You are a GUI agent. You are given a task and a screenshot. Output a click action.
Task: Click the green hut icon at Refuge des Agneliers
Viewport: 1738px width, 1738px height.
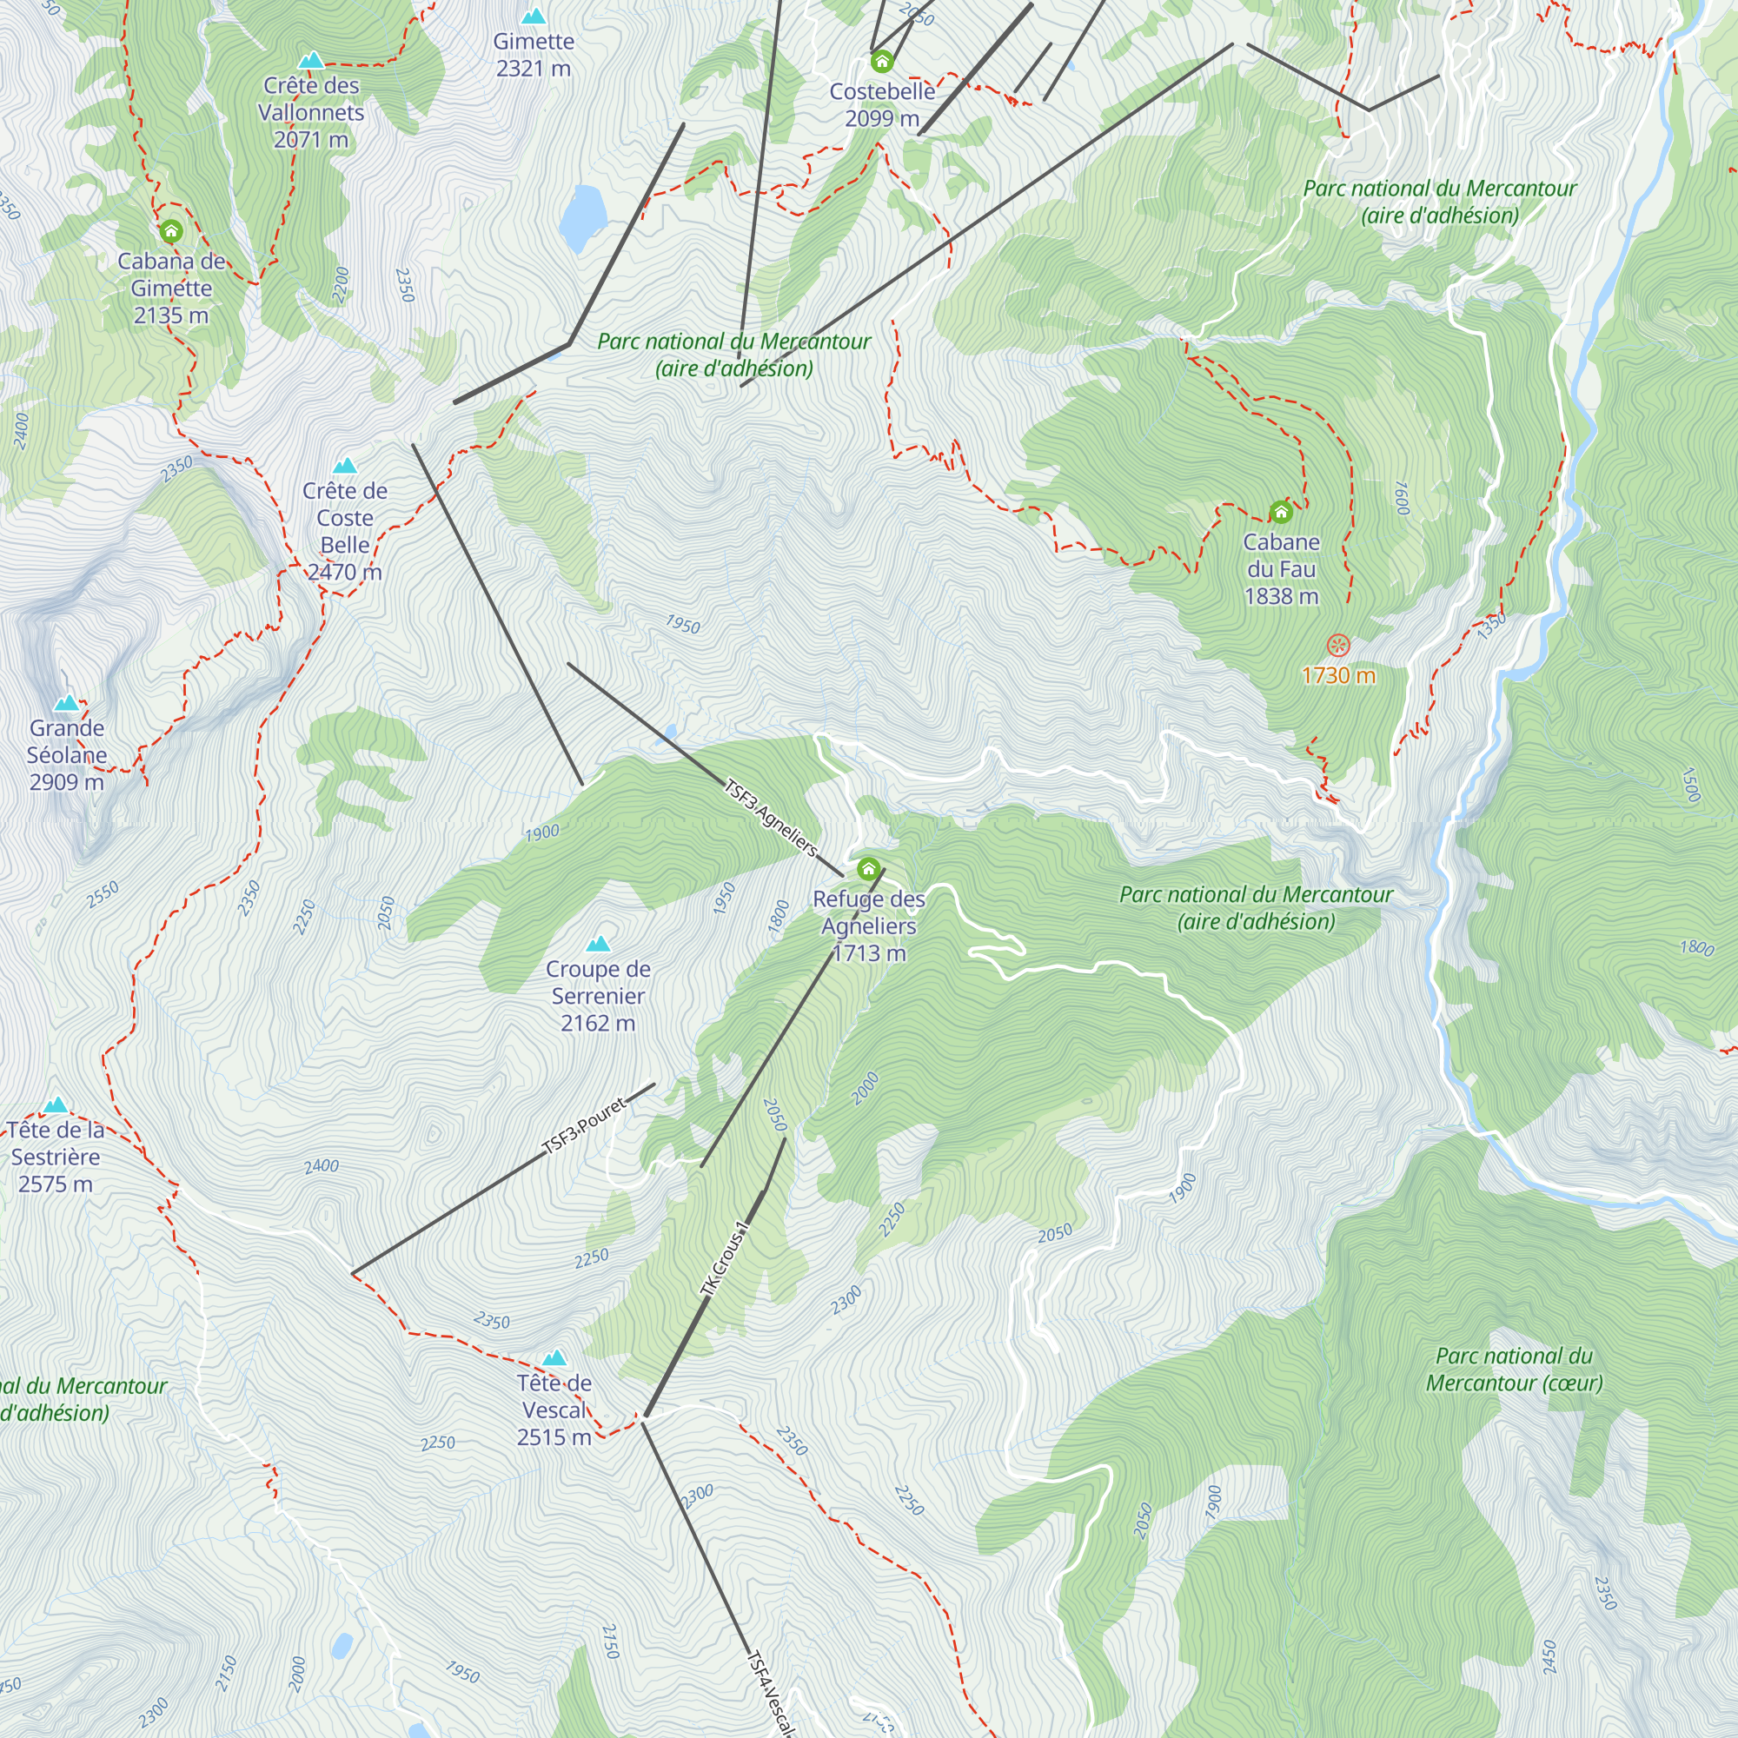coord(868,869)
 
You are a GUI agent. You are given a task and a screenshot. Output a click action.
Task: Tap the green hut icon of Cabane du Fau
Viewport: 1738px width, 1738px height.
coord(1281,512)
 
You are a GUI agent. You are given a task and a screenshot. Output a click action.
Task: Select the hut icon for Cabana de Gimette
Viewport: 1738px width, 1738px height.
coord(171,231)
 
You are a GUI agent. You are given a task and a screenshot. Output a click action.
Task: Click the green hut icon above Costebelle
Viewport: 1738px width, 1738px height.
coord(881,61)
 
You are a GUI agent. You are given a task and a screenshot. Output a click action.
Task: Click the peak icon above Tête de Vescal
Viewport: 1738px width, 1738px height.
coord(554,1357)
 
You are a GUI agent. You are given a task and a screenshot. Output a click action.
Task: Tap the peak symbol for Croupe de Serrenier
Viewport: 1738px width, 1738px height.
coord(598,944)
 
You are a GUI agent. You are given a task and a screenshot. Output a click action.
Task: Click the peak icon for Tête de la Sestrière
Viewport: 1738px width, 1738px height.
coord(56,1104)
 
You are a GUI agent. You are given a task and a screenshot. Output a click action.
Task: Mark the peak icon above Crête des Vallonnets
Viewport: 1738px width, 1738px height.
coord(310,60)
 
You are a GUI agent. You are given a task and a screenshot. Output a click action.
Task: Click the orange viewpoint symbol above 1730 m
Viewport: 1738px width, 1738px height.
coord(1338,645)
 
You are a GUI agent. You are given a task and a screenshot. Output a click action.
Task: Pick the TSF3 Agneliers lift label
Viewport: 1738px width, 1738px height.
coord(771,818)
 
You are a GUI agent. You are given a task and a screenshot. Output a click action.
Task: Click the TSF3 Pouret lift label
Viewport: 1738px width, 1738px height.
coord(585,1125)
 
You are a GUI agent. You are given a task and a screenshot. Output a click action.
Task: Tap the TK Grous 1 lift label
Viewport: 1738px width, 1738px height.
coord(724,1258)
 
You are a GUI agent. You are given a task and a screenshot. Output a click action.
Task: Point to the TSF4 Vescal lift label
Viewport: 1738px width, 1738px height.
coord(771,1691)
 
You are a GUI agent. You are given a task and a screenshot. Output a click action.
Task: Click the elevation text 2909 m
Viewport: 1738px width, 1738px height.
coord(67,782)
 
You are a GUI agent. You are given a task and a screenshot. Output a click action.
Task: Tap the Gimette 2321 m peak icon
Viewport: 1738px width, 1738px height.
coord(534,17)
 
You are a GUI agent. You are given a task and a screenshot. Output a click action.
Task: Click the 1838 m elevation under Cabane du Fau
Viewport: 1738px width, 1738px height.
coord(1281,595)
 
